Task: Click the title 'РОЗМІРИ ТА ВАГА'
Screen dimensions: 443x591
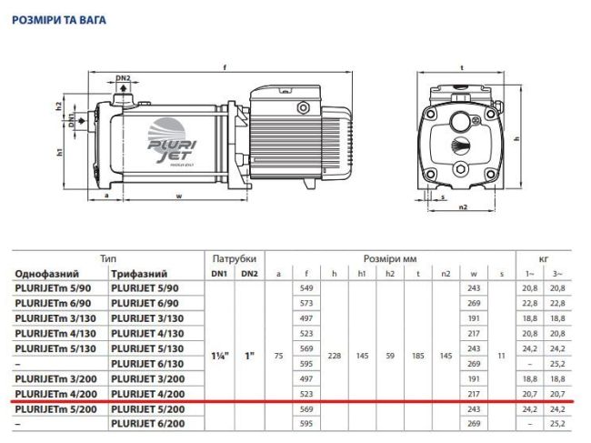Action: coord(59,15)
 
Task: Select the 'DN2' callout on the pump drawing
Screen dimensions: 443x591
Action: coord(124,78)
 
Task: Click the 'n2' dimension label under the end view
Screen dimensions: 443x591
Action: coord(462,207)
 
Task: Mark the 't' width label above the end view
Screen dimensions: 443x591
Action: coord(462,67)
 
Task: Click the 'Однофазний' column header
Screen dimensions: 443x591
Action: coord(46,273)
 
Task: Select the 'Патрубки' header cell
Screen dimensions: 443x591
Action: coord(234,258)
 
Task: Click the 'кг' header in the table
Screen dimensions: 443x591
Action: coord(545,258)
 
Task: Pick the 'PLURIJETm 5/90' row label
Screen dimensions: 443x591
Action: coord(53,287)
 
